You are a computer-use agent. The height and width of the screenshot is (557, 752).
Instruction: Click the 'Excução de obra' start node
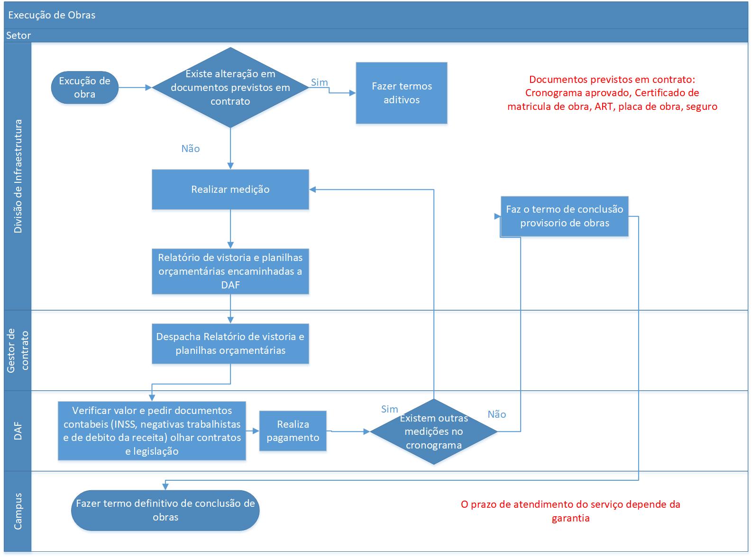coord(84,88)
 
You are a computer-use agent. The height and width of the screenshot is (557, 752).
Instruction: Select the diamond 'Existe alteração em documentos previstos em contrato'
coord(230,88)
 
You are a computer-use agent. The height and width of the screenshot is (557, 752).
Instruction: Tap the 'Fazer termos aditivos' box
coord(402,93)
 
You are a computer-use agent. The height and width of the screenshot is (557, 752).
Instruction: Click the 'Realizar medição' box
coord(230,189)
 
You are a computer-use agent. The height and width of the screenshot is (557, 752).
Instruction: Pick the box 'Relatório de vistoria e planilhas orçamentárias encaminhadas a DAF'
coord(230,271)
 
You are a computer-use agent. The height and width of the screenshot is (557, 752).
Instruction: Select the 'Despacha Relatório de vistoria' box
coord(230,343)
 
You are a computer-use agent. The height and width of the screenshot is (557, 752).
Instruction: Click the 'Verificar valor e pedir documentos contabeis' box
coord(152,431)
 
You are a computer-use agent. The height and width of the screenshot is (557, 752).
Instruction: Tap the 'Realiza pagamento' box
coord(293,431)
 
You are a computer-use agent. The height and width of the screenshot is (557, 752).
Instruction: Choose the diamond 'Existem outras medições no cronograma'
coord(434,431)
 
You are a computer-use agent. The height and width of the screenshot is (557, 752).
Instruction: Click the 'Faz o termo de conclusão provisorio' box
coord(565,216)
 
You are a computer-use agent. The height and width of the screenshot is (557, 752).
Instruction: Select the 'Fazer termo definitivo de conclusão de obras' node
coord(165,510)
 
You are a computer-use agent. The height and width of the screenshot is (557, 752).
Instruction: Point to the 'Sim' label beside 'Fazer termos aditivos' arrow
coord(320,82)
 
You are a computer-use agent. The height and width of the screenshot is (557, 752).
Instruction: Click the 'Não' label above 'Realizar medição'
coord(191,148)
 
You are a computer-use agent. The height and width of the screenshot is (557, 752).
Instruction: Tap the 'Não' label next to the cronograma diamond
coord(497,414)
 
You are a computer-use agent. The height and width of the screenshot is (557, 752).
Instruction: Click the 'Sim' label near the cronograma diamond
coord(390,409)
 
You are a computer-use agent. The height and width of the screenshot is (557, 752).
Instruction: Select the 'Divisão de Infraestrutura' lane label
coord(18,176)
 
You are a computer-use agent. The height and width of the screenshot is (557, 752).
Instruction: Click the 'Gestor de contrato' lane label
coord(18,350)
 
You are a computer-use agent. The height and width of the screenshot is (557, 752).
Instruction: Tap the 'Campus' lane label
coord(18,511)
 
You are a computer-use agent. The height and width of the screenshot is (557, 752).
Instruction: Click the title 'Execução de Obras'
coord(52,15)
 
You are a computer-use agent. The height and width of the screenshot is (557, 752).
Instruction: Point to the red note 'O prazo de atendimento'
coord(570,511)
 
